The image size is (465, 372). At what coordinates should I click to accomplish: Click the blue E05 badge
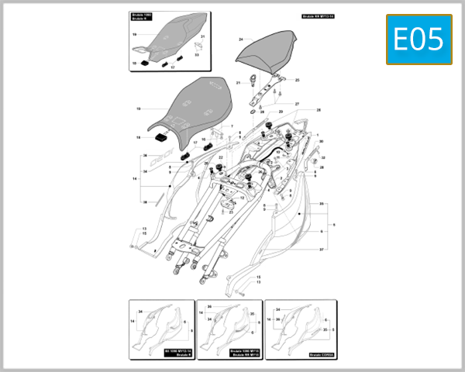coord(418,40)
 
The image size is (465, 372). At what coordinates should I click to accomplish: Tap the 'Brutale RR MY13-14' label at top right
coord(317,16)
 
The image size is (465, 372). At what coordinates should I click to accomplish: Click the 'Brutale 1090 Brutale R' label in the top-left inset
coord(143,18)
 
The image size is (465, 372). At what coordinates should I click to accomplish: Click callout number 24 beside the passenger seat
coord(241,39)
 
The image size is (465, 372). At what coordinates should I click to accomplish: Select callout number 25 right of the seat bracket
coord(297,80)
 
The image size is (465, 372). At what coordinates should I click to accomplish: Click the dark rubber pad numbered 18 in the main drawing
coord(162,137)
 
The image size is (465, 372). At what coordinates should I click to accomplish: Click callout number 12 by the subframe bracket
coord(143,232)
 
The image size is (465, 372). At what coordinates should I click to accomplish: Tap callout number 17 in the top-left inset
coord(173,67)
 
